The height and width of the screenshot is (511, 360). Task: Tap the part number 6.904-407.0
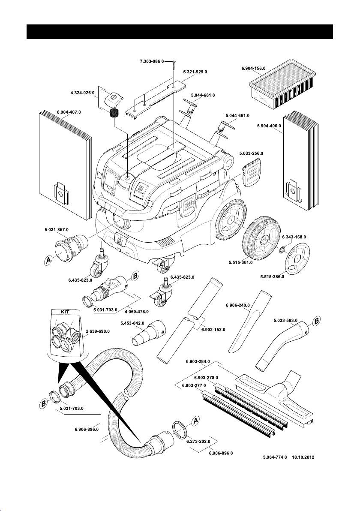(69, 112)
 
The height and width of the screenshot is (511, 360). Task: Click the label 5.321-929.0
(195, 72)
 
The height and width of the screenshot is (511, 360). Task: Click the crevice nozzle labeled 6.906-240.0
(250, 319)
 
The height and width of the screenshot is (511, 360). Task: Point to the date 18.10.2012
(303, 457)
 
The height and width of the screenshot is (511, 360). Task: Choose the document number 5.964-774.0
(276, 457)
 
